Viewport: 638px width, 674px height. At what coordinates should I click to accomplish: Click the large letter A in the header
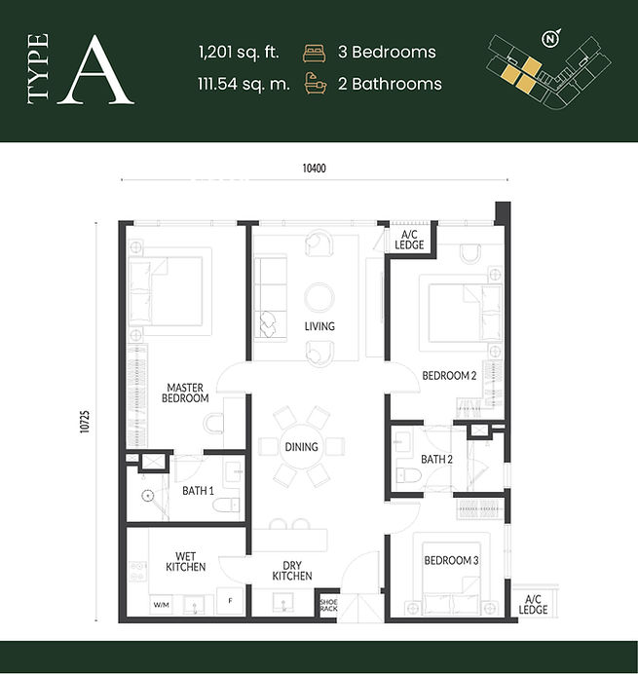(x=95, y=71)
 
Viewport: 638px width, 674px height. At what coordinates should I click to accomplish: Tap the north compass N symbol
(x=550, y=39)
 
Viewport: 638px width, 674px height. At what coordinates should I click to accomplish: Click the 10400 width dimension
(x=315, y=168)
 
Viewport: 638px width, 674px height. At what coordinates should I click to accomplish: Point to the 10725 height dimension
(x=85, y=422)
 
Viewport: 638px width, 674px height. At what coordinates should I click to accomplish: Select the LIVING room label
(x=319, y=326)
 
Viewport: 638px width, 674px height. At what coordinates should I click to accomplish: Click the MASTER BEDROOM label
(x=185, y=393)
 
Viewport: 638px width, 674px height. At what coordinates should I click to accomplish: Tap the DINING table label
(x=301, y=447)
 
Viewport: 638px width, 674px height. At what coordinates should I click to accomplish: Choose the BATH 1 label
(x=198, y=491)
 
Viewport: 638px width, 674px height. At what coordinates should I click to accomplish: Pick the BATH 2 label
(x=436, y=459)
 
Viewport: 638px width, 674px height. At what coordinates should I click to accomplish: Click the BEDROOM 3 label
(x=451, y=560)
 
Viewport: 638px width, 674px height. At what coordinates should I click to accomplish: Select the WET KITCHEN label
(x=186, y=562)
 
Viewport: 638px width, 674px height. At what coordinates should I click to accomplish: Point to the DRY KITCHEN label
(x=292, y=571)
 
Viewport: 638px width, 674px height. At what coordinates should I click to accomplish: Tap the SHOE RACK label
(x=329, y=605)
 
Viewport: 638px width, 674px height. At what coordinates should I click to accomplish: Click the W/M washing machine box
(x=162, y=605)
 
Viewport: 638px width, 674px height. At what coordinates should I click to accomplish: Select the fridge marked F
(x=230, y=601)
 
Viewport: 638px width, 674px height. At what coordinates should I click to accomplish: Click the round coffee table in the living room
(x=319, y=297)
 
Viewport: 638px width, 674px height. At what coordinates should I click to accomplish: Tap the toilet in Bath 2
(x=408, y=476)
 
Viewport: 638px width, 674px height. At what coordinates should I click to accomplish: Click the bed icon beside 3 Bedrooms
(x=315, y=53)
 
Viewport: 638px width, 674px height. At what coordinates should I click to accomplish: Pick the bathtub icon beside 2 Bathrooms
(x=316, y=84)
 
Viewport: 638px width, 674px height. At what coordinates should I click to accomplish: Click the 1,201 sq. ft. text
(x=239, y=52)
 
